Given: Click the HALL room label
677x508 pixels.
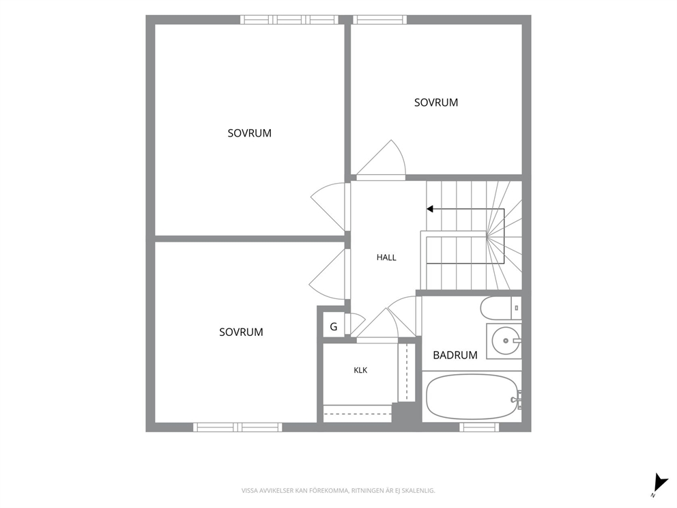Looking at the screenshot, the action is [x=386, y=257].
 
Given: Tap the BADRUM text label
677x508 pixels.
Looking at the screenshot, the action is [x=455, y=355].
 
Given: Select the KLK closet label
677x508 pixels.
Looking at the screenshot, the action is [x=360, y=370].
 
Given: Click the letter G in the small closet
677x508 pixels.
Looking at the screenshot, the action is [x=334, y=327].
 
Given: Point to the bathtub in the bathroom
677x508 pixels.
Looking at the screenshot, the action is [x=472, y=397].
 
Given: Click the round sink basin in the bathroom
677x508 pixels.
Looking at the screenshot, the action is [x=505, y=341].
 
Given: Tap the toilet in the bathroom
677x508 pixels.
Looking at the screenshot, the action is [x=501, y=308].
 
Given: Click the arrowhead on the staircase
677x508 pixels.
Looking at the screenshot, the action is [x=429, y=209].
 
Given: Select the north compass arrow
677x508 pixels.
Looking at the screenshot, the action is [x=660, y=482].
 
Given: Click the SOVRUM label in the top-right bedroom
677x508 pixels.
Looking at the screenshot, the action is [x=436, y=103].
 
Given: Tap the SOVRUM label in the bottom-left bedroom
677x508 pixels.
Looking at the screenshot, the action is [x=241, y=333].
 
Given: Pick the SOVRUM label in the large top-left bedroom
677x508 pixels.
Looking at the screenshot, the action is [x=250, y=133].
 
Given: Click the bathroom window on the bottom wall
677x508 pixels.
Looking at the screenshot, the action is [x=479, y=427].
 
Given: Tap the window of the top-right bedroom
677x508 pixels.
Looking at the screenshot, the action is [x=380, y=19].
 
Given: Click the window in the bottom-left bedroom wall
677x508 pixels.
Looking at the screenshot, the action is [x=237, y=427].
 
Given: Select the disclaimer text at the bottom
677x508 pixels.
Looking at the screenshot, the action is [x=338, y=491].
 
